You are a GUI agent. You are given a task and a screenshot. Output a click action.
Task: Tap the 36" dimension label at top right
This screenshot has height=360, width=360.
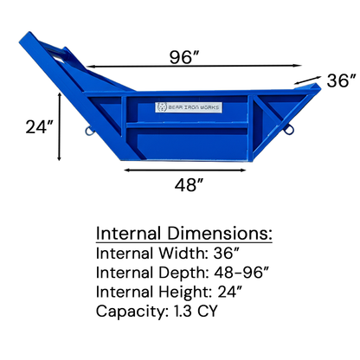click(x=339, y=80)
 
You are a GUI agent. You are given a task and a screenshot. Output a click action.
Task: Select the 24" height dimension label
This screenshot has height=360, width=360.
click(x=38, y=127)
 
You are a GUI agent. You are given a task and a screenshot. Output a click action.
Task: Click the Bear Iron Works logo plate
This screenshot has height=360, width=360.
click(x=188, y=107)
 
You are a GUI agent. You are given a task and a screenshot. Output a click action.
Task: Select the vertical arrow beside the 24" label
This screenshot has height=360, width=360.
click(x=59, y=130)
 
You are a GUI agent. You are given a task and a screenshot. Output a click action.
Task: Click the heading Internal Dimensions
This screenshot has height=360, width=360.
click(x=183, y=234)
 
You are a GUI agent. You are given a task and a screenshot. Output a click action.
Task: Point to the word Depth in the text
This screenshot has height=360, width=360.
click(x=181, y=272)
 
